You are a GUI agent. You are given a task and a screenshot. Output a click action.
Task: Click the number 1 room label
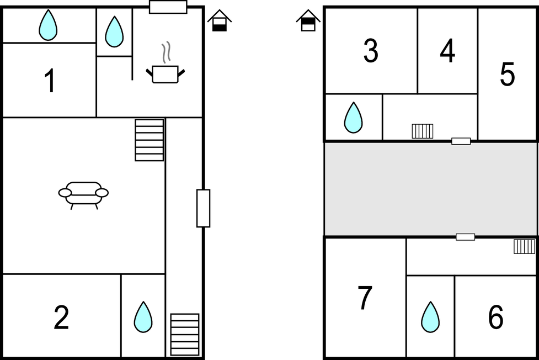click(50, 81)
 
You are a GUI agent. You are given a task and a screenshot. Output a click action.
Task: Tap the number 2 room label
click(62, 317)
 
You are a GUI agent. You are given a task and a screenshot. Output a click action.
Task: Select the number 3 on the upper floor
click(371, 51)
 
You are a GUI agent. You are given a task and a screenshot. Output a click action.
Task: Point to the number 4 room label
click(447, 51)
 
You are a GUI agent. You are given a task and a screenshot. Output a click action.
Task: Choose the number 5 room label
click(508, 73)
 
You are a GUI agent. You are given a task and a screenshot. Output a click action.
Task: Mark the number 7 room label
click(365, 298)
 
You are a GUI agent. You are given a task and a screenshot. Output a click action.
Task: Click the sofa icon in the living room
click(83, 195)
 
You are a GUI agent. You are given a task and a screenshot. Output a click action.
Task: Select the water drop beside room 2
click(143, 317)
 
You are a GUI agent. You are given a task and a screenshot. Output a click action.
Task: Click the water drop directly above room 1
click(48, 25)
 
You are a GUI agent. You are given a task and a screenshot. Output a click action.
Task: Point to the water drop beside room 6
click(430, 317)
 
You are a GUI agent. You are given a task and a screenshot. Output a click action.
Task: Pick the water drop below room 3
click(354, 118)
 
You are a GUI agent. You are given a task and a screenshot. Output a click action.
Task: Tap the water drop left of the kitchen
click(114, 31)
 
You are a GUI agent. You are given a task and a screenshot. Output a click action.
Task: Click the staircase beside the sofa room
click(149, 140)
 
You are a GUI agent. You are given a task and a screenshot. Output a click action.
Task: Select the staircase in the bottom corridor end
click(185, 335)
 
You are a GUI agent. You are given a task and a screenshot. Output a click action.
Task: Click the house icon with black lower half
click(220, 20)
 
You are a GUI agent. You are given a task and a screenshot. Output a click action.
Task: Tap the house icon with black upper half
click(308, 20)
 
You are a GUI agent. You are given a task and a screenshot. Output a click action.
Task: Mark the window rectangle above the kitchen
click(168, 7)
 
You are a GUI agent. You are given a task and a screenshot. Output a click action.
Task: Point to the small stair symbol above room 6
click(525, 246)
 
